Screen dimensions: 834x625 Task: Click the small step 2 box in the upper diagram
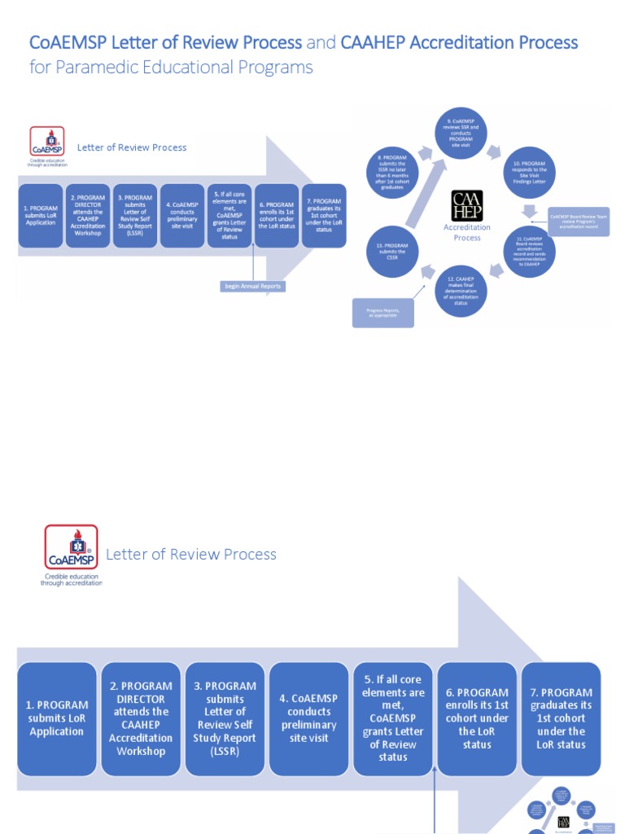point(88,215)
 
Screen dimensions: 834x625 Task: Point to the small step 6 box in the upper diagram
point(277,215)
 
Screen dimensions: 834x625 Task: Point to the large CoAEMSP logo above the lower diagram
point(71,548)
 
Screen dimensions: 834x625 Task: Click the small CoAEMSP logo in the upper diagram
point(47,142)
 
